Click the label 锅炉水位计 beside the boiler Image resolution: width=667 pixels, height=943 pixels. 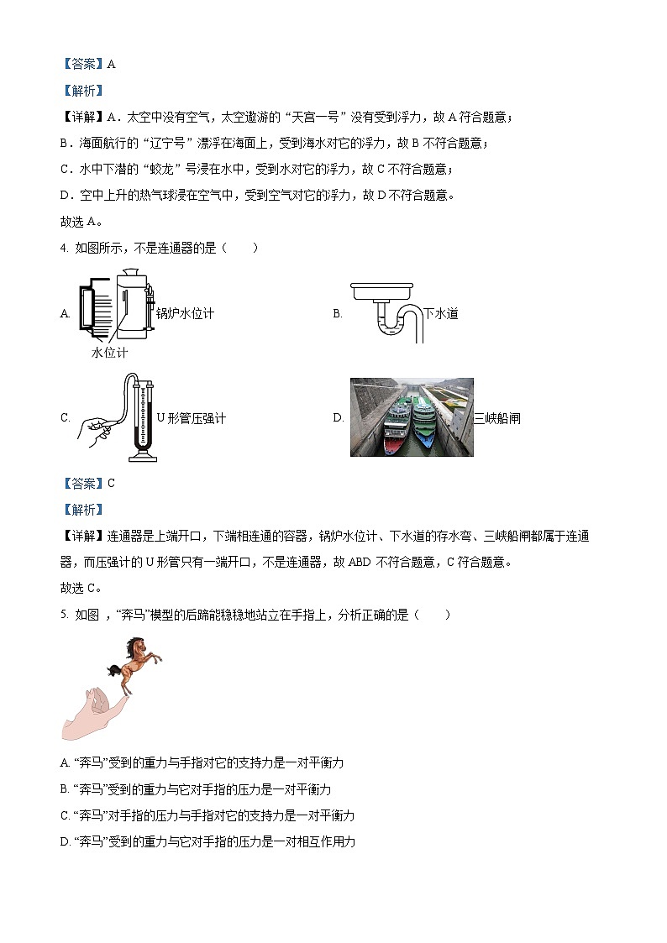(x=185, y=313)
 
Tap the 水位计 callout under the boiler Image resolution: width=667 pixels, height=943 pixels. (x=109, y=353)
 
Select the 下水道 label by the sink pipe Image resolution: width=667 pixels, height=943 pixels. (x=440, y=313)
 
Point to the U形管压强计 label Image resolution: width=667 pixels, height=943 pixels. (x=191, y=417)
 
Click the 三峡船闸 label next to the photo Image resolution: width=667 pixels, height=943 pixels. (x=496, y=417)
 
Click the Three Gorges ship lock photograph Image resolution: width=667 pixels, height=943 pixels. (x=412, y=416)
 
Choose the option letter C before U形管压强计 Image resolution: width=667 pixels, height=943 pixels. (x=65, y=417)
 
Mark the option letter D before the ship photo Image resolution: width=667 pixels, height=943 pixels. (x=338, y=417)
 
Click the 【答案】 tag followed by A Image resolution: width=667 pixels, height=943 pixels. (x=81, y=64)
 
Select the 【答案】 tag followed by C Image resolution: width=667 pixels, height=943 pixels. (x=81, y=483)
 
